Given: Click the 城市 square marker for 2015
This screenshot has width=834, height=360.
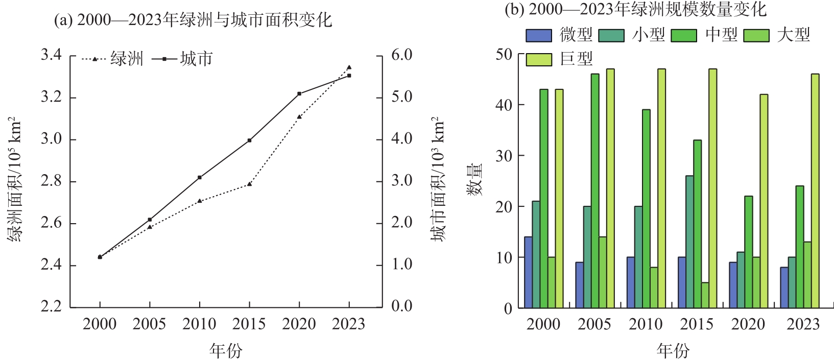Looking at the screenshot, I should [x=250, y=140].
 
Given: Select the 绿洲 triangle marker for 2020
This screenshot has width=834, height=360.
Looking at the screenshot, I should [x=299, y=116].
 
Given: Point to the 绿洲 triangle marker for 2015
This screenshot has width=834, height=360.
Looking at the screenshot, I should [x=250, y=184].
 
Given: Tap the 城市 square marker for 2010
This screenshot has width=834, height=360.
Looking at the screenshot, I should [x=200, y=177].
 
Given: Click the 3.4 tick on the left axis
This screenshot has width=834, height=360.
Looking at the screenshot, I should [x=51, y=55].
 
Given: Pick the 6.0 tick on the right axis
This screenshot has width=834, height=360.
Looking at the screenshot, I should [x=401, y=55].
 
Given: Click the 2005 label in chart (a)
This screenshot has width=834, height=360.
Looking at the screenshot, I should [x=149, y=324].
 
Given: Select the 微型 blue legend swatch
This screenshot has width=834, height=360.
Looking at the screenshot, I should [x=539, y=35].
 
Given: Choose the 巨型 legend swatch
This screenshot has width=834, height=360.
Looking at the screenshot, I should [x=539, y=60].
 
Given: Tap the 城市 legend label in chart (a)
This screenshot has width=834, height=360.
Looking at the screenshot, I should [x=197, y=59].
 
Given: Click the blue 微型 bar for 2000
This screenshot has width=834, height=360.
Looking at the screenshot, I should [x=528, y=272].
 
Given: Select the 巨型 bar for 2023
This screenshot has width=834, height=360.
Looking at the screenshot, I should [x=815, y=191].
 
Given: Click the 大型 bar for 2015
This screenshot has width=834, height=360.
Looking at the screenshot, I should [x=705, y=295].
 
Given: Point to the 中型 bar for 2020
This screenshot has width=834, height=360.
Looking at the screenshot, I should [x=748, y=252].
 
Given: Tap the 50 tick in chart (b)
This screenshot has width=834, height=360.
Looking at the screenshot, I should [x=504, y=54].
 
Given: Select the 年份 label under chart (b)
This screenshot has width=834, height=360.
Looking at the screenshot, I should [x=673, y=350].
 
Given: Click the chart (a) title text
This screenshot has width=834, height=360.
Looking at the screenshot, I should [x=193, y=20].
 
